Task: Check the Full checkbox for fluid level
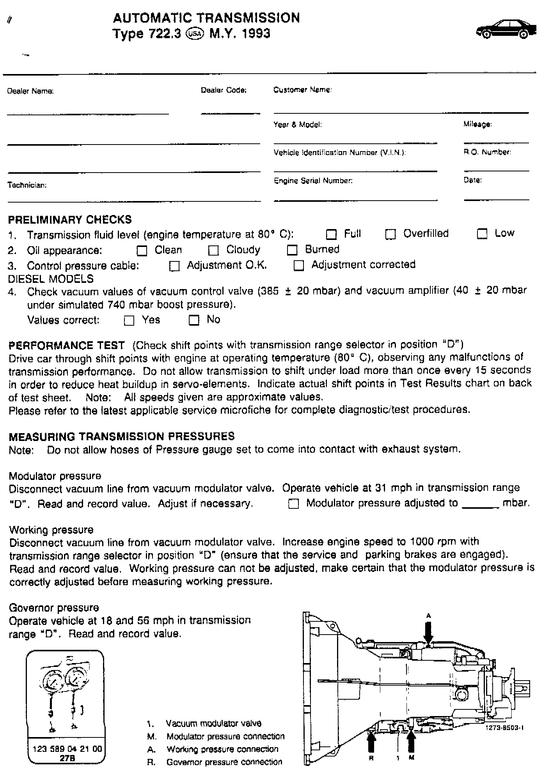pos(331,235)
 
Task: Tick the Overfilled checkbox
pos(390,235)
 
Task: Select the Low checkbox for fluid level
pos(482,234)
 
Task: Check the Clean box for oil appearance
pos(142,250)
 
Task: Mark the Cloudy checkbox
pos(213,250)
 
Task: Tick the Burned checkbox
pos(292,250)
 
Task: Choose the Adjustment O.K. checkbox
pos(174,266)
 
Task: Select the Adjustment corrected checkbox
pos(298,266)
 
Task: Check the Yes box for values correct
pos(129,321)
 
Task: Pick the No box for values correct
pos(194,320)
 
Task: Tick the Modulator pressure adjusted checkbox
pos(293,504)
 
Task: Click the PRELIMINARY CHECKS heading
pos(70,220)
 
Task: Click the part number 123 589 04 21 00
pos(67,749)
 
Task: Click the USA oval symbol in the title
pos(195,34)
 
